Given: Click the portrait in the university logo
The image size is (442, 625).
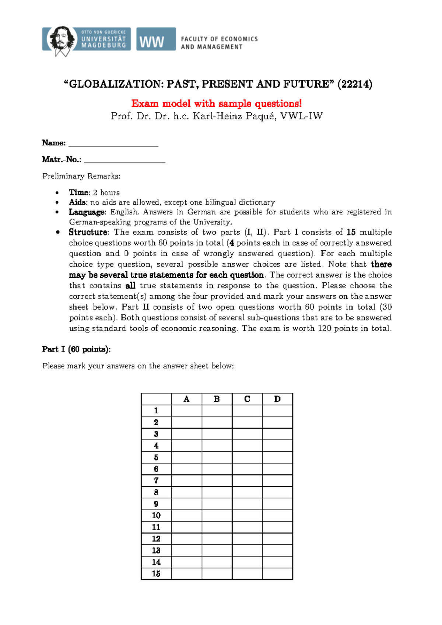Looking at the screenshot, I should point(61,39).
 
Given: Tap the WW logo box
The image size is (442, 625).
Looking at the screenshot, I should point(156,39).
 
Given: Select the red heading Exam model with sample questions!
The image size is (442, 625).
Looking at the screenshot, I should point(217,104).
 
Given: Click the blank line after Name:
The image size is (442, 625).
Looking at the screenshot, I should point(113,144).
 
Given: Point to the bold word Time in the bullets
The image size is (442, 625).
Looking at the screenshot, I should point(79,193).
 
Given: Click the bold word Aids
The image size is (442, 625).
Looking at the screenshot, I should point(77,202).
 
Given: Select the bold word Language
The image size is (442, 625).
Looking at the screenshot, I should point(87,212).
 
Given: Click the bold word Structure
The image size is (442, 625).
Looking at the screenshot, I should point(88,232).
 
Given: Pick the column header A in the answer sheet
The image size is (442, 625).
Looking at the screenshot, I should point(186,399).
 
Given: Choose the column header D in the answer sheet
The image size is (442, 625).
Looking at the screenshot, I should point(277,399).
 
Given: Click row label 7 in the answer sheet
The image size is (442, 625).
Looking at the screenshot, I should point(156,481).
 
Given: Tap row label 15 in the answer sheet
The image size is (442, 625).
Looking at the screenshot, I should point(156,574).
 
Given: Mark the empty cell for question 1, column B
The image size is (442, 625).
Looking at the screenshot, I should point(217,411).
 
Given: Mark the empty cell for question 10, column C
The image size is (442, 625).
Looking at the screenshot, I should point(247,516).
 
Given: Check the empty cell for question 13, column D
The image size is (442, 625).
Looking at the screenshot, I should point(277,551).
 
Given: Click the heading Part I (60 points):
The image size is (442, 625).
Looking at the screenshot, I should point(76,349).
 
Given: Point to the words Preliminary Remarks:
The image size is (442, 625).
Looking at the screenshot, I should point(81,176).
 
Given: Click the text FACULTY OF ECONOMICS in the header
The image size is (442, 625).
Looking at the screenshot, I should point(219,39).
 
